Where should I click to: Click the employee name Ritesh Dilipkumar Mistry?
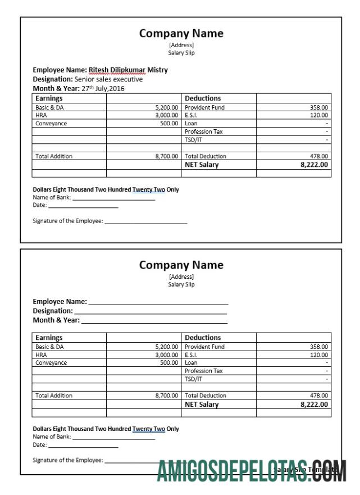click(129, 70)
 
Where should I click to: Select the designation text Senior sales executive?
click(108, 79)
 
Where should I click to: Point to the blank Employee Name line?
click(158, 302)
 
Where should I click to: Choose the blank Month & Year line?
click(154, 321)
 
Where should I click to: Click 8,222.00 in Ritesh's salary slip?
click(315, 165)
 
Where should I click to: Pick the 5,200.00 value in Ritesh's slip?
click(167, 107)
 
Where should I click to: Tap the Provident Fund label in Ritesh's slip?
click(204, 107)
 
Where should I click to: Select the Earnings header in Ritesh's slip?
click(49, 98)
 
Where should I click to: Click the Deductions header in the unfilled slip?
click(203, 338)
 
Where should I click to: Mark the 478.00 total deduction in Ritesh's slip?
click(320, 156)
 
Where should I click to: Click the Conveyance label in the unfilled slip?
click(51, 362)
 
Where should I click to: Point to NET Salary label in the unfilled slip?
click(202, 405)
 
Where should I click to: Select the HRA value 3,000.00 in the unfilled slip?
click(167, 355)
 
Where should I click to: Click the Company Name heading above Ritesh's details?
click(181, 33)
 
